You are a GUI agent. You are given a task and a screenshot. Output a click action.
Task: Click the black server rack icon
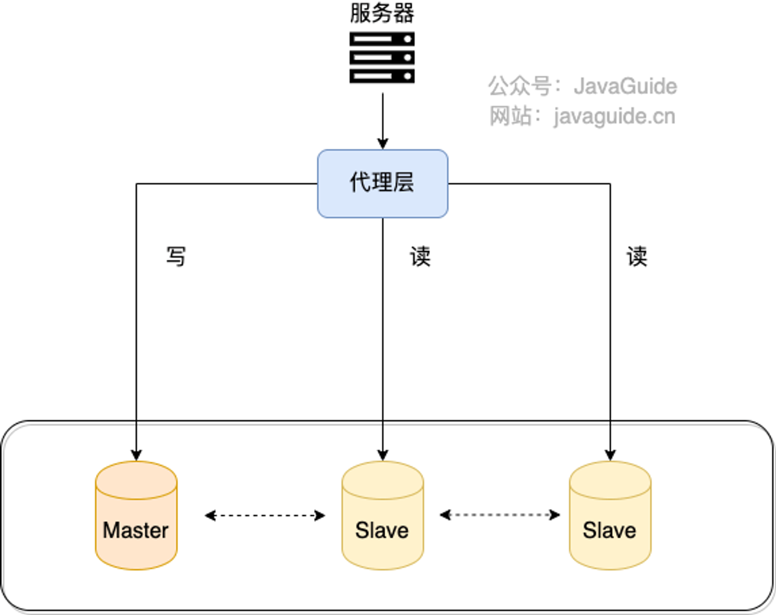coord(382,57)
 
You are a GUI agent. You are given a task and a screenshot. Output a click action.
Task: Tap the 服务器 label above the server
coord(382,13)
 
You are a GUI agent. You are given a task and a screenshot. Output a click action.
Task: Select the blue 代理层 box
coord(382,183)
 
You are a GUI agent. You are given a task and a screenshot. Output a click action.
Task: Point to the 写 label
coord(176,257)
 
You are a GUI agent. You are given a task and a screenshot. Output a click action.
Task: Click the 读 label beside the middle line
coord(420,257)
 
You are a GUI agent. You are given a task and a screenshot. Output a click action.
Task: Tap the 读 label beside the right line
coord(637,257)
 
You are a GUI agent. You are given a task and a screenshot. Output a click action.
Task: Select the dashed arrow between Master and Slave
coord(265,515)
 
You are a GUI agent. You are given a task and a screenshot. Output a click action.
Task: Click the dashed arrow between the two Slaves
coord(500,515)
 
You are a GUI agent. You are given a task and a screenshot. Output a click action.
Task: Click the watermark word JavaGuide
coord(625,86)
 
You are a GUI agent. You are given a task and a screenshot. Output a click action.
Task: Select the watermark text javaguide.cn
coord(615,116)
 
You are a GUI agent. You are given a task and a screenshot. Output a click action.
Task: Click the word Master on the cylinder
coord(135,531)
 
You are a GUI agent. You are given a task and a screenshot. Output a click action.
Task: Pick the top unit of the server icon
coord(382,39)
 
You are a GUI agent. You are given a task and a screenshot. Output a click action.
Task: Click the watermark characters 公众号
coord(519,86)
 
